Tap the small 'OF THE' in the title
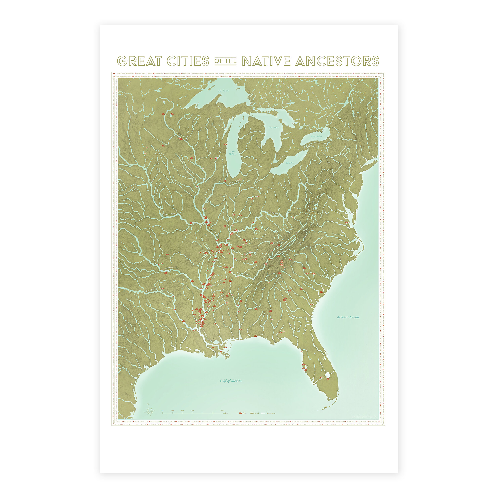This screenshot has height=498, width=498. pos(225,61)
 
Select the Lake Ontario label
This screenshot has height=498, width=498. pos(316,137)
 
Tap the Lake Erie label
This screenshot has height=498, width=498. pos(290,163)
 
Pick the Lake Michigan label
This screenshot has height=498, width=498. pos(233,153)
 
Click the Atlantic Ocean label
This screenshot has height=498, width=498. pos(348,317)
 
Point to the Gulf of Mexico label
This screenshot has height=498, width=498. pos(231,381)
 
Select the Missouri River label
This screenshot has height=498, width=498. pos(169,214)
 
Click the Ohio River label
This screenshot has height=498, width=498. pos(274,213)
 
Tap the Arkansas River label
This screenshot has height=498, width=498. pos(172,268)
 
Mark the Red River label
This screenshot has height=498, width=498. pos(150,290)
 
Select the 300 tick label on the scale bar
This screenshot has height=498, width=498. pos(222,410)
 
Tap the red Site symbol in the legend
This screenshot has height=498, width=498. pos(240,413)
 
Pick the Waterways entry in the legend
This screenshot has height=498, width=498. pos(270,413)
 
